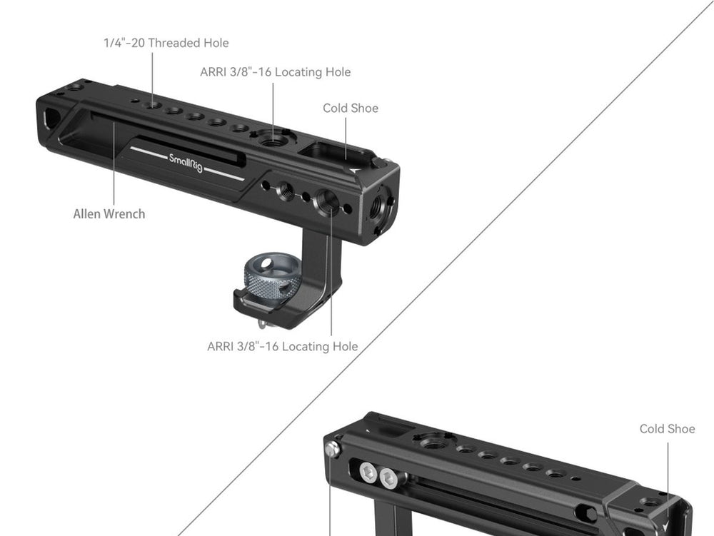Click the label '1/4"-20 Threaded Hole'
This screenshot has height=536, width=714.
click(166, 43)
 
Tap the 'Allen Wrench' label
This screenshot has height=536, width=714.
click(109, 214)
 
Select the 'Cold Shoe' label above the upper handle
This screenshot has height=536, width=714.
click(351, 108)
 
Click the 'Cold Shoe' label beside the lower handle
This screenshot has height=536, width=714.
click(667, 429)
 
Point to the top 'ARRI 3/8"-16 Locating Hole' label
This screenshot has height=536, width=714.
click(276, 72)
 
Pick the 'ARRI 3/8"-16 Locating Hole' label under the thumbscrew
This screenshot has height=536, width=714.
click(282, 347)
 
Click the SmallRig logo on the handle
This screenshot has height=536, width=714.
click(186, 163)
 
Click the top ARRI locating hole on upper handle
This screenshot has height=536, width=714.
click(272, 138)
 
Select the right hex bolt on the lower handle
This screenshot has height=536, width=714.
click(389, 479)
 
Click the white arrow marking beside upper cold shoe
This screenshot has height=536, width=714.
click(355, 169)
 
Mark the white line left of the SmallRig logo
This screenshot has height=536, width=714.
click(149, 153)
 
